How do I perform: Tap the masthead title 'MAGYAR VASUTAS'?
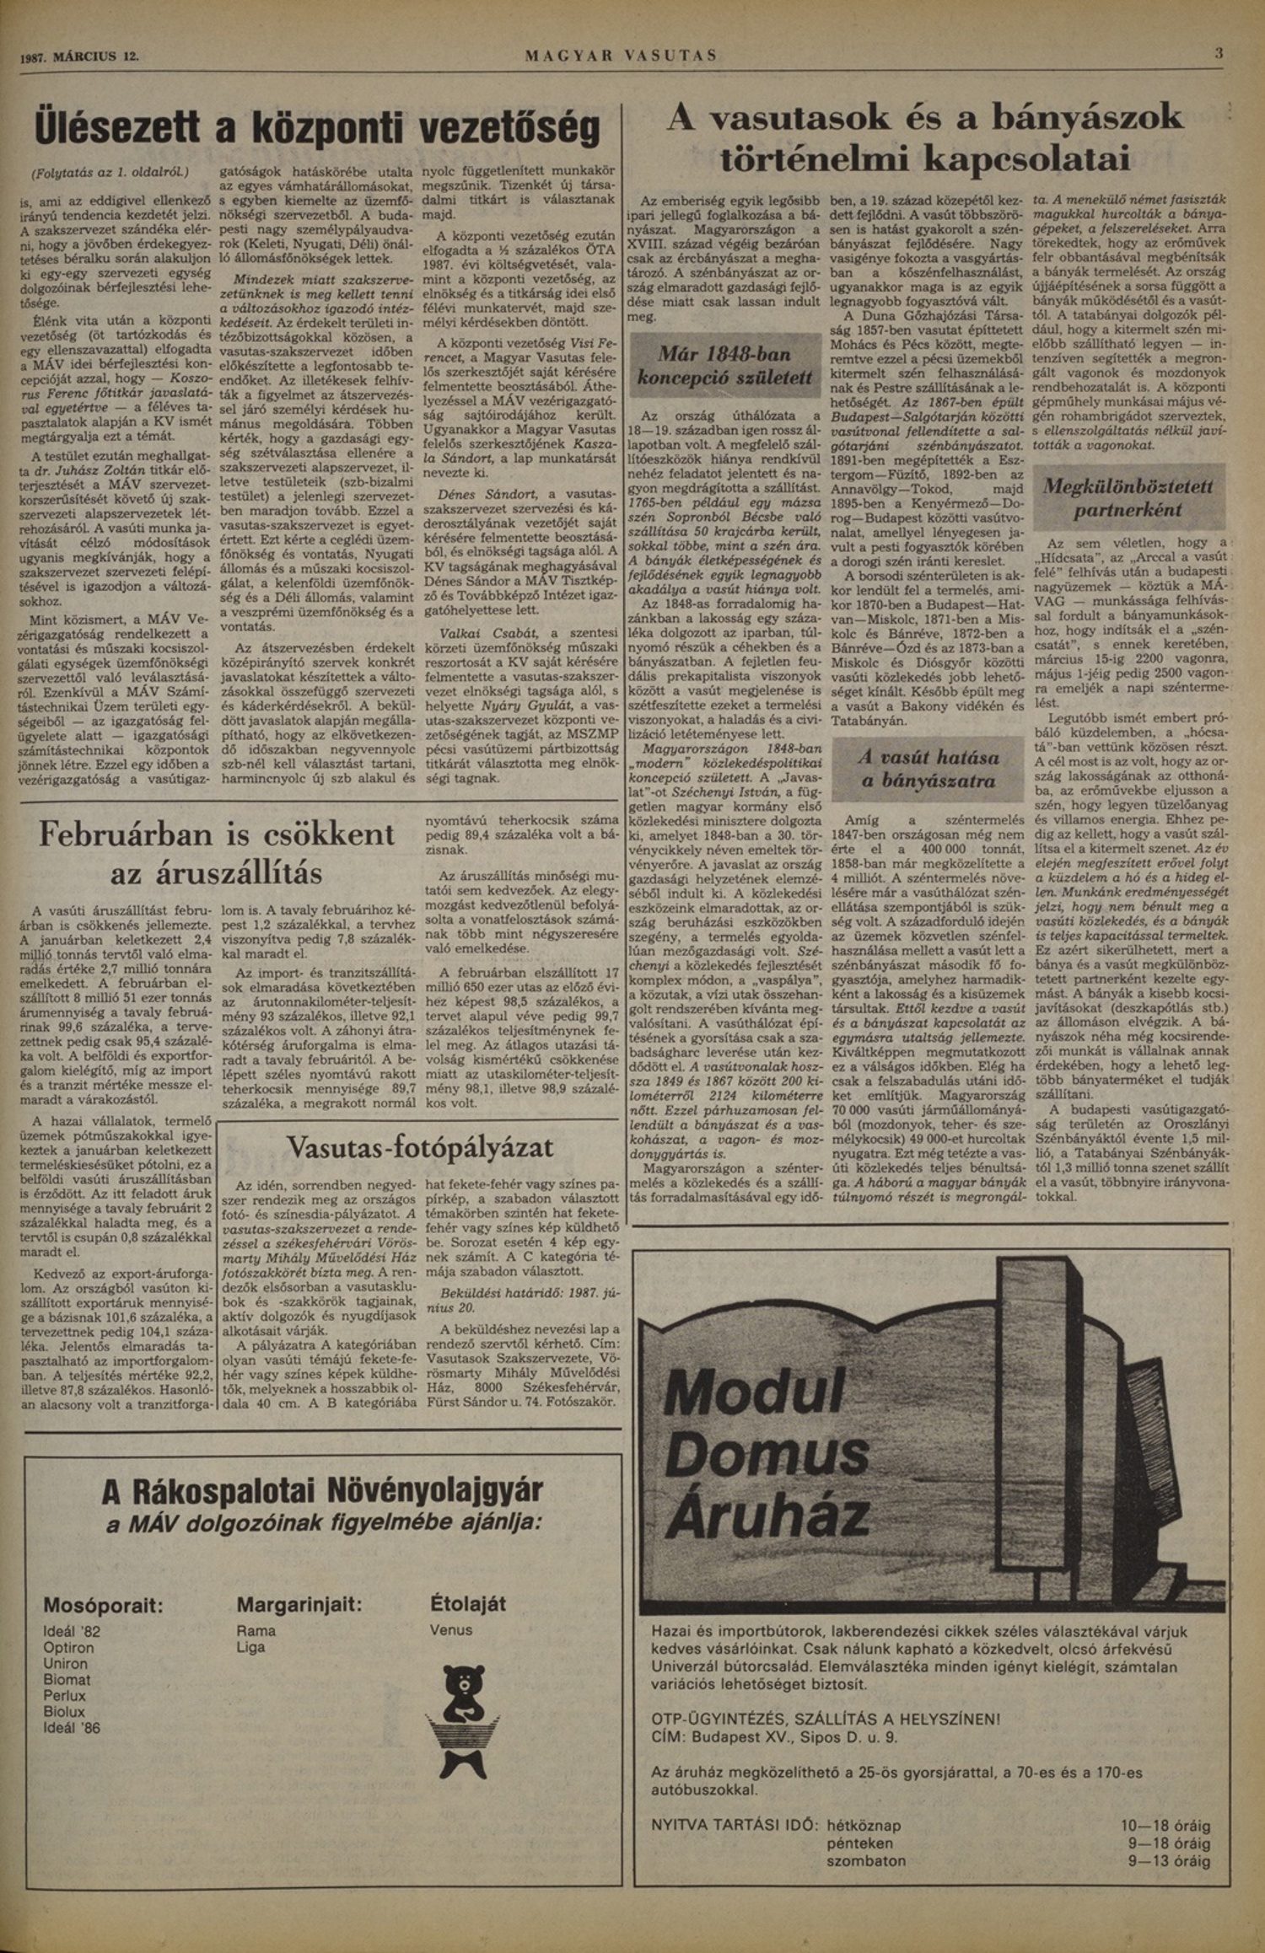pos(621,56)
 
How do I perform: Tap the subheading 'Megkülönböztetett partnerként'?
pos(1128,498)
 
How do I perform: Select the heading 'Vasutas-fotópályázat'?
pos(420,1146)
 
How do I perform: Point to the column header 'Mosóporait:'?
pos(103,1604)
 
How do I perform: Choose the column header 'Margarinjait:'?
pos(299,1603)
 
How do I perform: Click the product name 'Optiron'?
pos(68,1647)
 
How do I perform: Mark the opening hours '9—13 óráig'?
pos(1169,1860)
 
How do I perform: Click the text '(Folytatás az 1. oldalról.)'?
pos(110,172)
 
